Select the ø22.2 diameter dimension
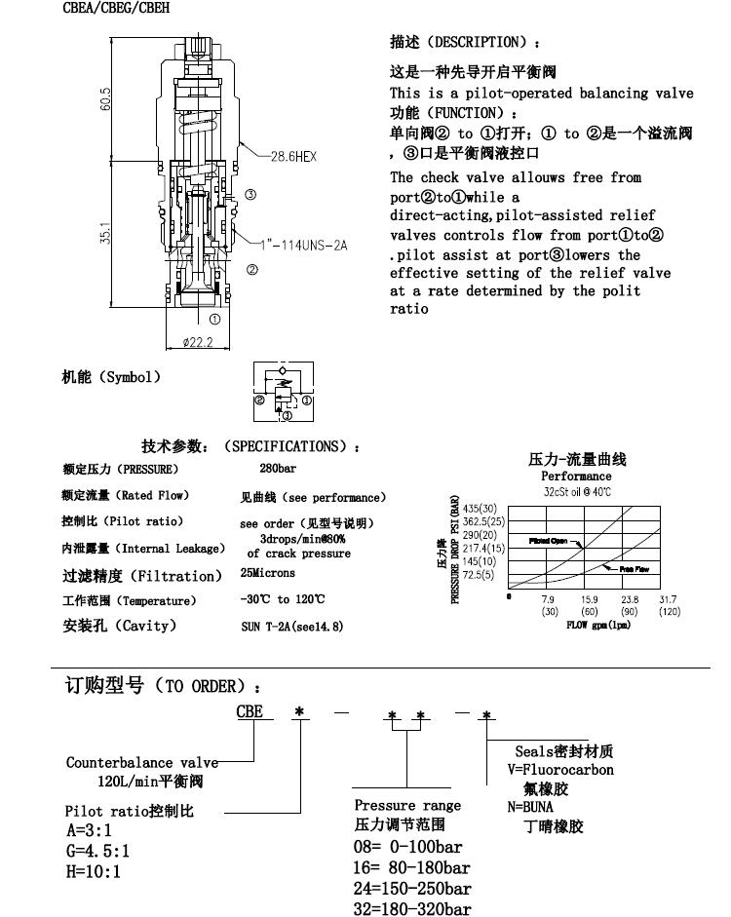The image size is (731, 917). pos(199,342)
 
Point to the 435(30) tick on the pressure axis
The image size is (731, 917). pos(481,509)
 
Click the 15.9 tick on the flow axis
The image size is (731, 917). pos(590,599)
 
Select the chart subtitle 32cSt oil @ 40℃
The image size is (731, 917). pos(576,491)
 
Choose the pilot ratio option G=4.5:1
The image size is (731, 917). pos(97,850)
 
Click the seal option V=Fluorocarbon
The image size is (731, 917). pos(559,769)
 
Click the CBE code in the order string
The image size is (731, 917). pos(250,711)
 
